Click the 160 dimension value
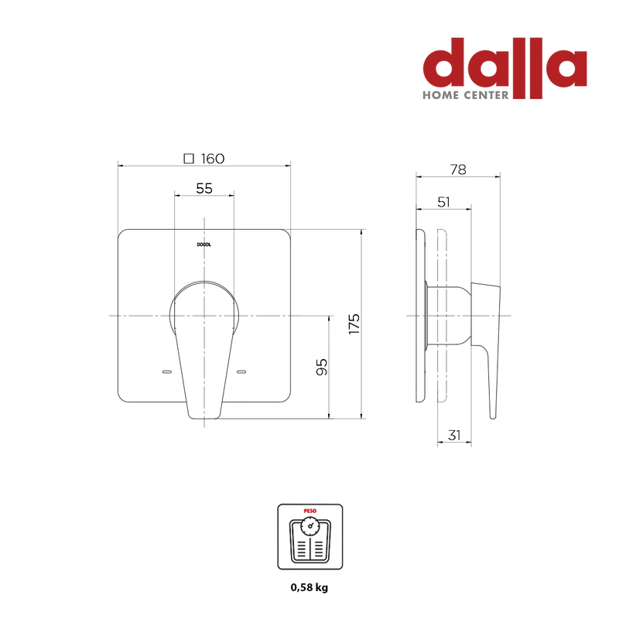tap(212, 159)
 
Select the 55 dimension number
tap(204, 189)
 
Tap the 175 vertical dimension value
tap(354, 324)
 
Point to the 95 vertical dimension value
tap(322, 367)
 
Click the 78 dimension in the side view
tap(458, 169)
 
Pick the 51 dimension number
tap(443, 203)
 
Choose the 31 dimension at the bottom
tap(454, 436)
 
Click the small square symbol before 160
tap(189, 159)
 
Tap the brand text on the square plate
tap(204, 245)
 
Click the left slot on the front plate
tap(167, 372)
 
